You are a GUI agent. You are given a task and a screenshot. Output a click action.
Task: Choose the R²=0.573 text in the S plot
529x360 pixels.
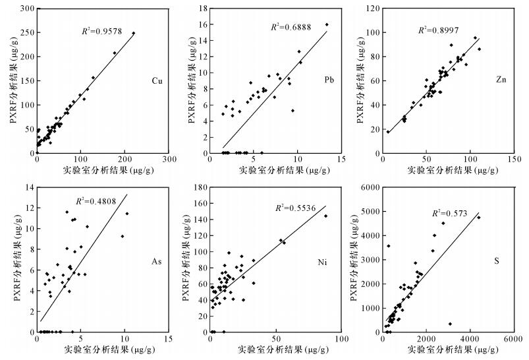coord(449,214)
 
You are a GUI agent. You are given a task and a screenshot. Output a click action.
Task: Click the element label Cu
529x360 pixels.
coord(157,82)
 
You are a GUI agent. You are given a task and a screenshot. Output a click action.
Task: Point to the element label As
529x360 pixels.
coord(157,262)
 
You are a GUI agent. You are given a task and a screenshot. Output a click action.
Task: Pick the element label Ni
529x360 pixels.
coord(323,262)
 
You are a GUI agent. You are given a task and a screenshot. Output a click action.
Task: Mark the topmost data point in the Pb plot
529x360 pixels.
coord(327,24)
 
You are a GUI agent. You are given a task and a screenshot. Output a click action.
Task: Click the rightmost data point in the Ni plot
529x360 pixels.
coord(325,216)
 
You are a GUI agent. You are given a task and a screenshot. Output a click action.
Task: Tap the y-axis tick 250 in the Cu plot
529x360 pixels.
coord(26,33)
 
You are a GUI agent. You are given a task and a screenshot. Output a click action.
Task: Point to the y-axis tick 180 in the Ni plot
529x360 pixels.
coord(196,187)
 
